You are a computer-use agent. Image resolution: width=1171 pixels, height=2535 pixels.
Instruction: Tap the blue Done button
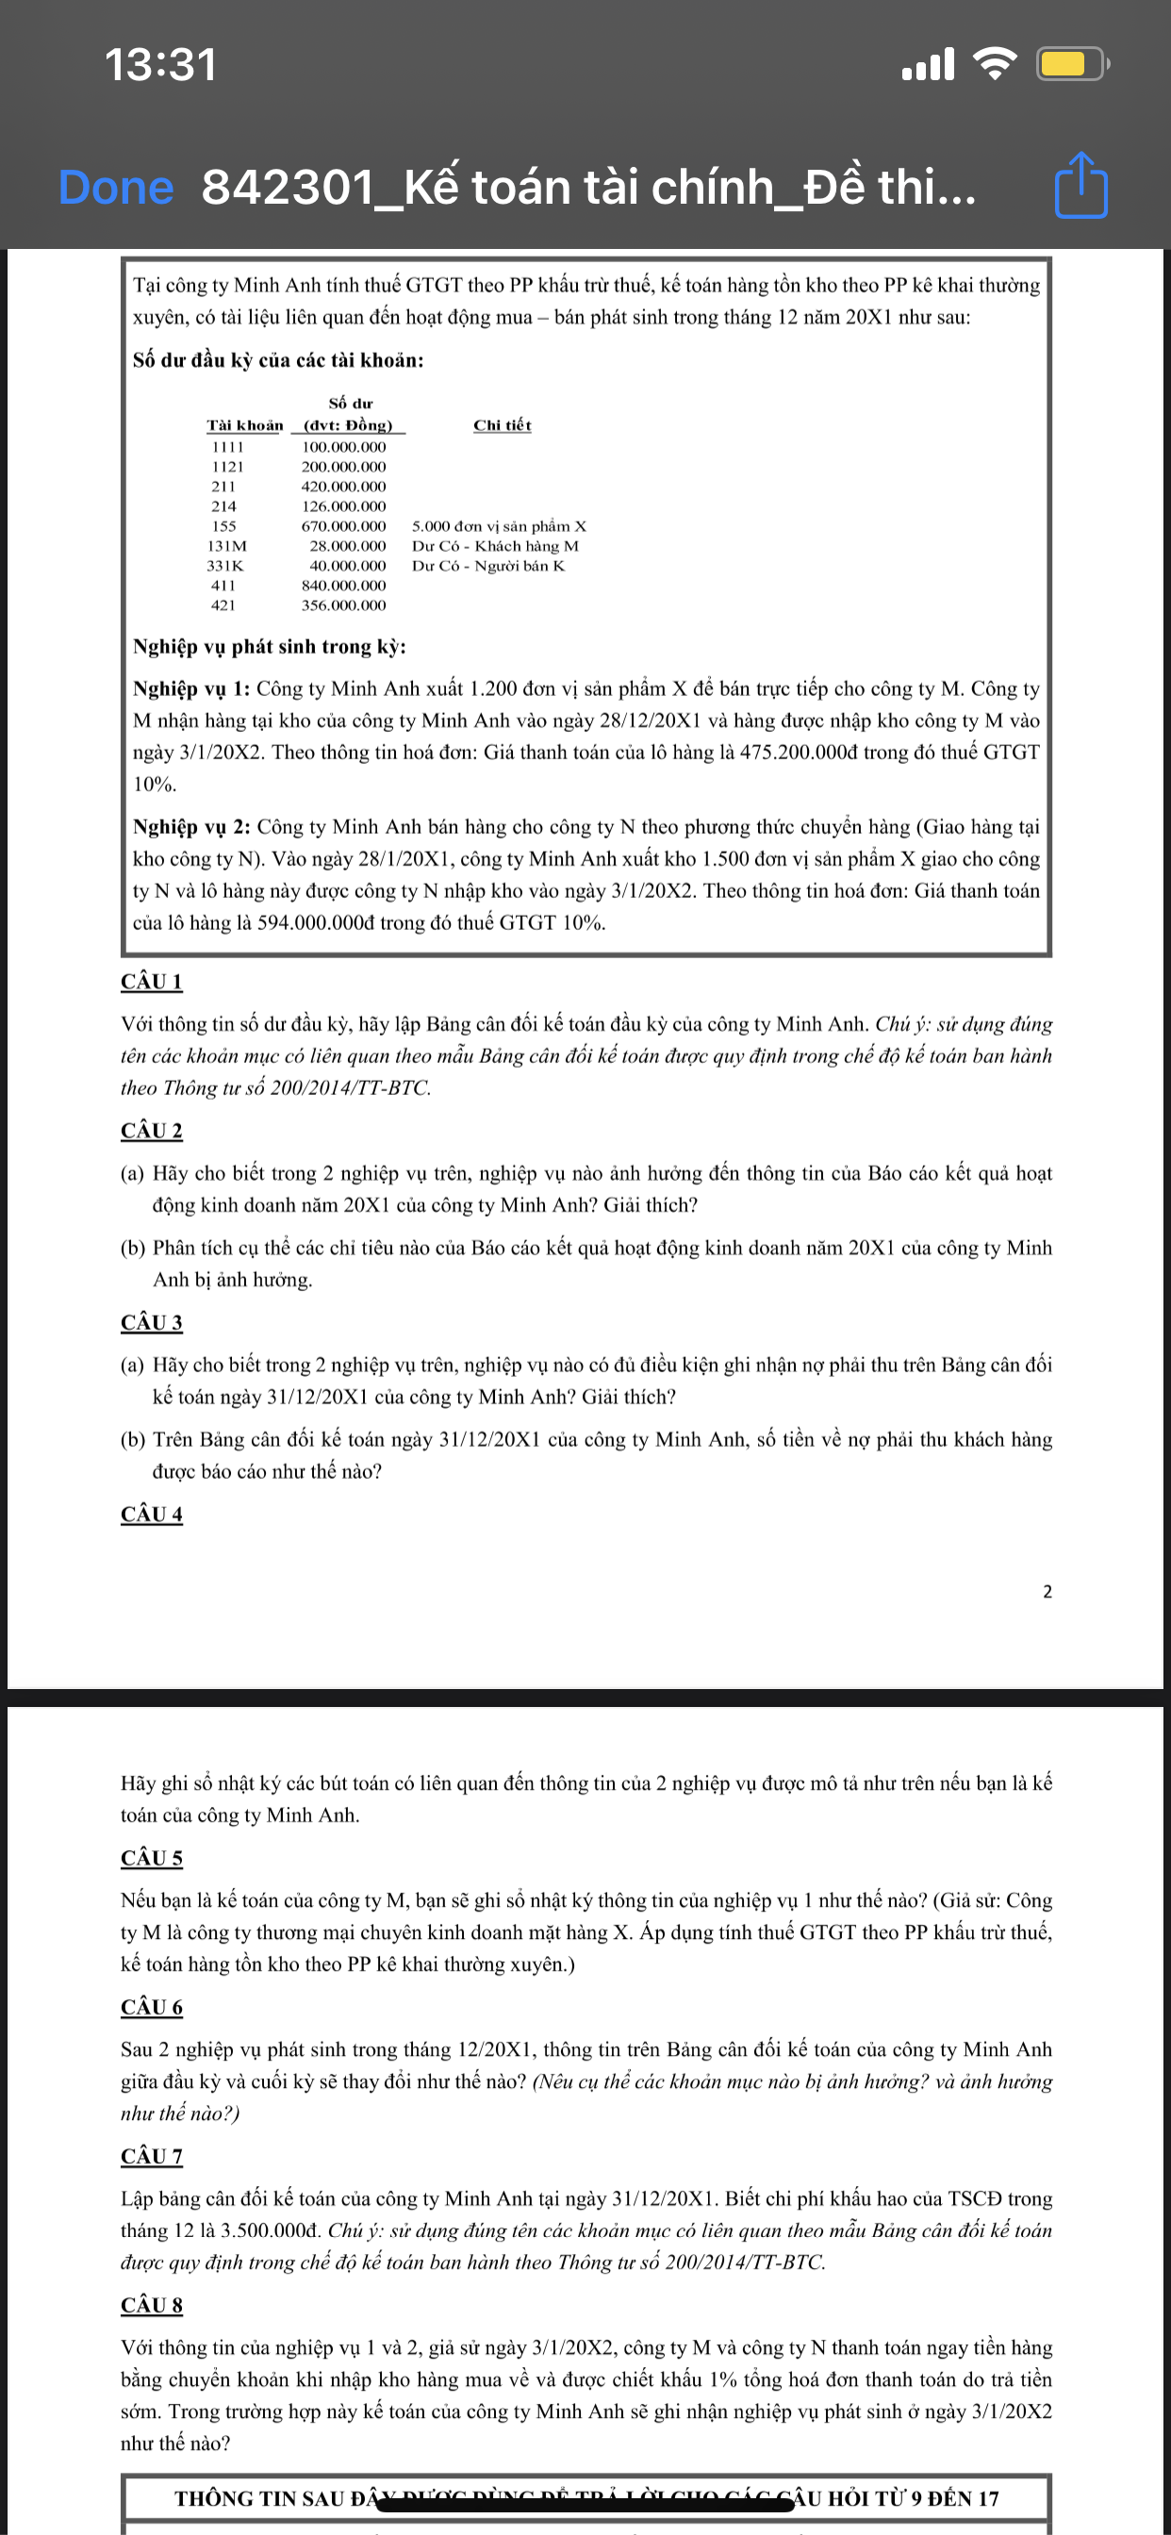click(115, 187)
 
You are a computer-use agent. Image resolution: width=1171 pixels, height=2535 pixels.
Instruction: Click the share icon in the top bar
click(1080, 185)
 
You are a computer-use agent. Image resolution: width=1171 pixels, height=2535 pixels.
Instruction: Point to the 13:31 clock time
click(160, 65)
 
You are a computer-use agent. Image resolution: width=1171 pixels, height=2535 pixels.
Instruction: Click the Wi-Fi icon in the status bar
click(994, 64)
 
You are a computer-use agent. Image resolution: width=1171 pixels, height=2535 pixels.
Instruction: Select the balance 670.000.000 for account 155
click(343, 526)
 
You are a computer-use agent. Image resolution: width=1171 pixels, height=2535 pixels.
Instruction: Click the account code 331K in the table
click(224, 566)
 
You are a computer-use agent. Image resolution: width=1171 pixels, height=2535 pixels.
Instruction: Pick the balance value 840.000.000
click(343, 586)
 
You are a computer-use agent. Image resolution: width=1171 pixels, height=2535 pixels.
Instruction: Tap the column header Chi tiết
click(502, 425)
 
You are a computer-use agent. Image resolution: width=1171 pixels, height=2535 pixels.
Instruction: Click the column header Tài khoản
click(244, 425)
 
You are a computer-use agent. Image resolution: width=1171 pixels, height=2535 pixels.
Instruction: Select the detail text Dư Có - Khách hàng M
click(495, 546)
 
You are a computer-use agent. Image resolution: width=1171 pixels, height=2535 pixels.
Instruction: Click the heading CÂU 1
click(152, 981)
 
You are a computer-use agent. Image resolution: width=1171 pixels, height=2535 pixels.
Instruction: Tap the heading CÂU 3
click(152, 1321)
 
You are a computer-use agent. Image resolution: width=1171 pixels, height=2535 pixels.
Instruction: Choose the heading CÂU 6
click(152, 2007)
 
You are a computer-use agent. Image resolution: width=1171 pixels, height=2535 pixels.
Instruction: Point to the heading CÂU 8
click(152, 2305)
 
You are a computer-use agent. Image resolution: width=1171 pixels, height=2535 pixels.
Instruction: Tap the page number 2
click(1047, 1591)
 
